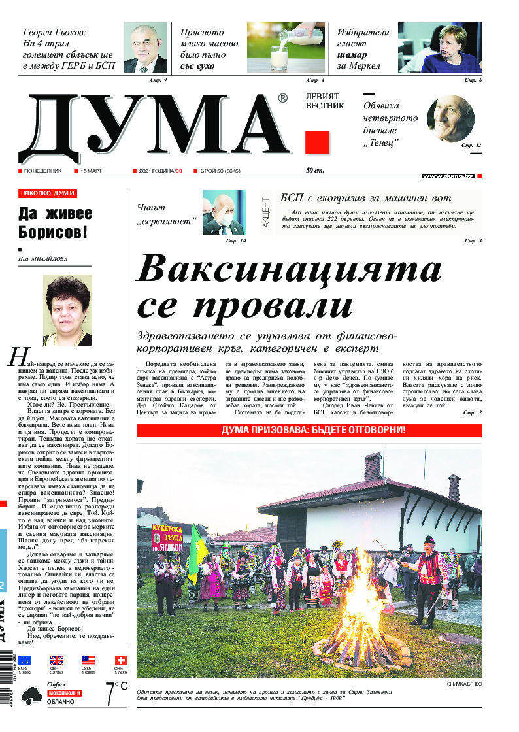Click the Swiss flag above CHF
(x=120, y=661)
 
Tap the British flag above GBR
(x=57, y=661)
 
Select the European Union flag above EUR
(x=25, y=661)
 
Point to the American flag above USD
(x=88, y=661)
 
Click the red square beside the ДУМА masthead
(x=318, y=142)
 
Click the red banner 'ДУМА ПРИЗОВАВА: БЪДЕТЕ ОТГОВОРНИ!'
(x=309, y=430)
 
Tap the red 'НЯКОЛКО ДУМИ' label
(x=48, y=193)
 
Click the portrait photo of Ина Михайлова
(x=67, y=310)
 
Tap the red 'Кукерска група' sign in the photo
(x=167, y=537)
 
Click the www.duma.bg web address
(x=448, y=176)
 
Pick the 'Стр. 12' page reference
(x=471, y=145)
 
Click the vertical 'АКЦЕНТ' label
(x=266, y=212)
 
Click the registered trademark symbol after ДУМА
(x=282, y=98)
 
